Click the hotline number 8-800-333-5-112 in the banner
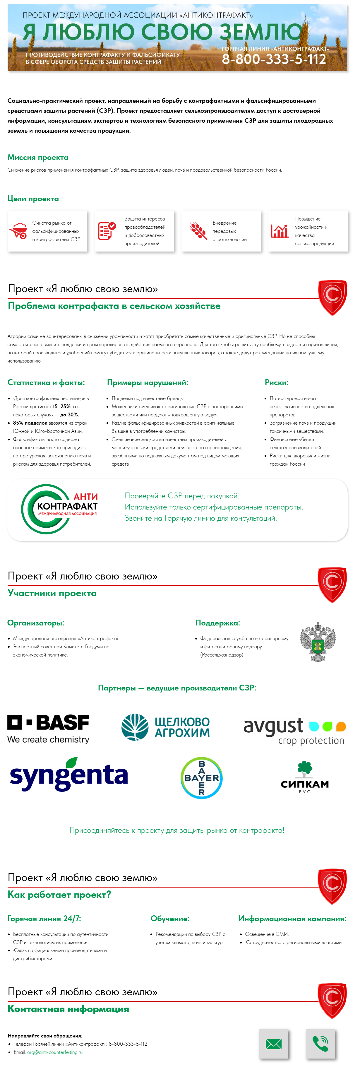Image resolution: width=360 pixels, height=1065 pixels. point(274,59)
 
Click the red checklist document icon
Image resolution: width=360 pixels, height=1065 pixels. point(107,231)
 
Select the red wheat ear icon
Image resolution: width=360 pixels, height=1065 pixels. point(198,231)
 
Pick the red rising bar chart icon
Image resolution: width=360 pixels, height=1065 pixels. point(280,231)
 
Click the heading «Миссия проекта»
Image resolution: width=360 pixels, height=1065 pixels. point(38,158)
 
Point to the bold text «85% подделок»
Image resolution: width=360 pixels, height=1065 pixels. point(30,423)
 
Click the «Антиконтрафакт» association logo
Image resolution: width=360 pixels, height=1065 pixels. point(59,509)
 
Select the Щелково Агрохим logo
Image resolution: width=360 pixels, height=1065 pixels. point(165,727)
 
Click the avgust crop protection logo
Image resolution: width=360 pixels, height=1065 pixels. point(294,731)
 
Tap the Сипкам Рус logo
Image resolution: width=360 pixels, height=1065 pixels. point(305,777)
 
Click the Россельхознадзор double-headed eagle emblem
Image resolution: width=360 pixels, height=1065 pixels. point(318,642)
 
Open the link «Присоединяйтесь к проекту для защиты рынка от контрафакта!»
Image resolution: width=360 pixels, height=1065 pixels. point(176,830)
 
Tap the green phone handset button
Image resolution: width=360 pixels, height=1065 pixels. point(320,1044)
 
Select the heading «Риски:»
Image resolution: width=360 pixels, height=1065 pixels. point(277,383)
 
